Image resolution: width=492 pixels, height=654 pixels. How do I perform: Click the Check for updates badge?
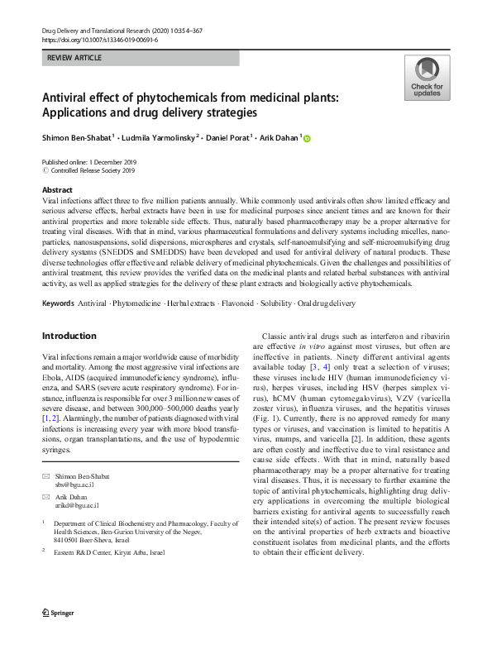(427, 79)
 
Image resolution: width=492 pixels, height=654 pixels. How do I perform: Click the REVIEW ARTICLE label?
(74, 59)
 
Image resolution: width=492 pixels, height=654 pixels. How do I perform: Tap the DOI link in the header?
(99, 39)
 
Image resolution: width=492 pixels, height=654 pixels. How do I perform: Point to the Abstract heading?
(57, 190)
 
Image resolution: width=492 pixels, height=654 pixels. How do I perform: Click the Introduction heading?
(69, 336)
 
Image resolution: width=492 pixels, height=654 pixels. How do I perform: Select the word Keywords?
(58, 304)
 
